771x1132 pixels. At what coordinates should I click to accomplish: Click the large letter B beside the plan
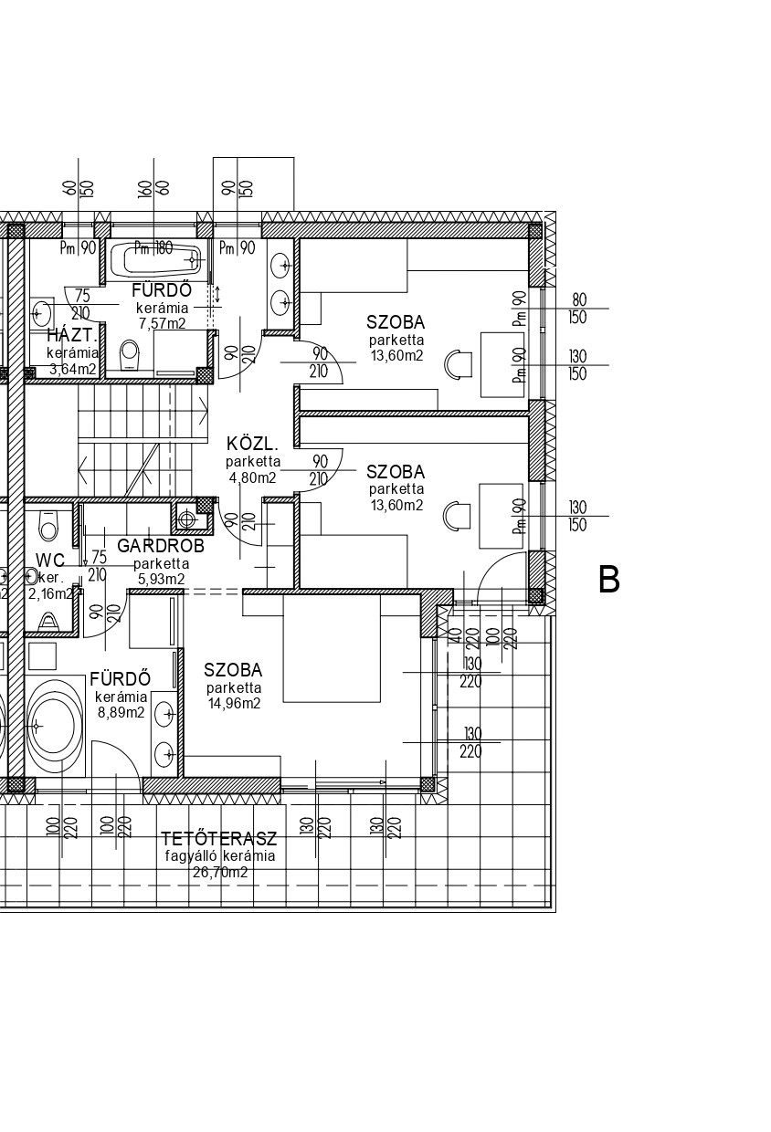pos(608,580)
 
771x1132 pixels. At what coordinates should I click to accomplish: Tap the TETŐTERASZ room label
pos(218,839)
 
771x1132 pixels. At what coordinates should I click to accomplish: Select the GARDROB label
pos(161,546)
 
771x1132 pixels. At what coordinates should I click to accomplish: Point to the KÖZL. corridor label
pos(252,445)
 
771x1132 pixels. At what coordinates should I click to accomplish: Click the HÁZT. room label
pos(72,335)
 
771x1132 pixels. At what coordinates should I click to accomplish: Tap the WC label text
pos(50,560)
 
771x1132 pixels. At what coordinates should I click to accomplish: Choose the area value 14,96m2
pos(233,703)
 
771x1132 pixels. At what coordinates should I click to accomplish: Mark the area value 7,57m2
pos(162,323)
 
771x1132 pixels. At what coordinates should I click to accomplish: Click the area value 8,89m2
pos(121,713)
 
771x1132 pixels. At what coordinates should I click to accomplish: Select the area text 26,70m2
pos(220,873)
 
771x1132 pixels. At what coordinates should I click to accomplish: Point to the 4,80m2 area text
pos(252,477)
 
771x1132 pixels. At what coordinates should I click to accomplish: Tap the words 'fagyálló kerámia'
pos(219,856)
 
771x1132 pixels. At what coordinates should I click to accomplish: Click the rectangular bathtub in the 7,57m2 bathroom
pos(155,262)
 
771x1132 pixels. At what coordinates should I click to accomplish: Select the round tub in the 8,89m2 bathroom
pos(57,726)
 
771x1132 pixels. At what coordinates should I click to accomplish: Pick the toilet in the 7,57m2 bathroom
pos(130,353)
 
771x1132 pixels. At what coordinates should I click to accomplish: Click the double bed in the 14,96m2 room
pos(331,647)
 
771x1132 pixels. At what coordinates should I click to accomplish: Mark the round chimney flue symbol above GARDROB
pos(187,519)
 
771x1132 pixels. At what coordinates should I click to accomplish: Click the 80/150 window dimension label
pos(578,308)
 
